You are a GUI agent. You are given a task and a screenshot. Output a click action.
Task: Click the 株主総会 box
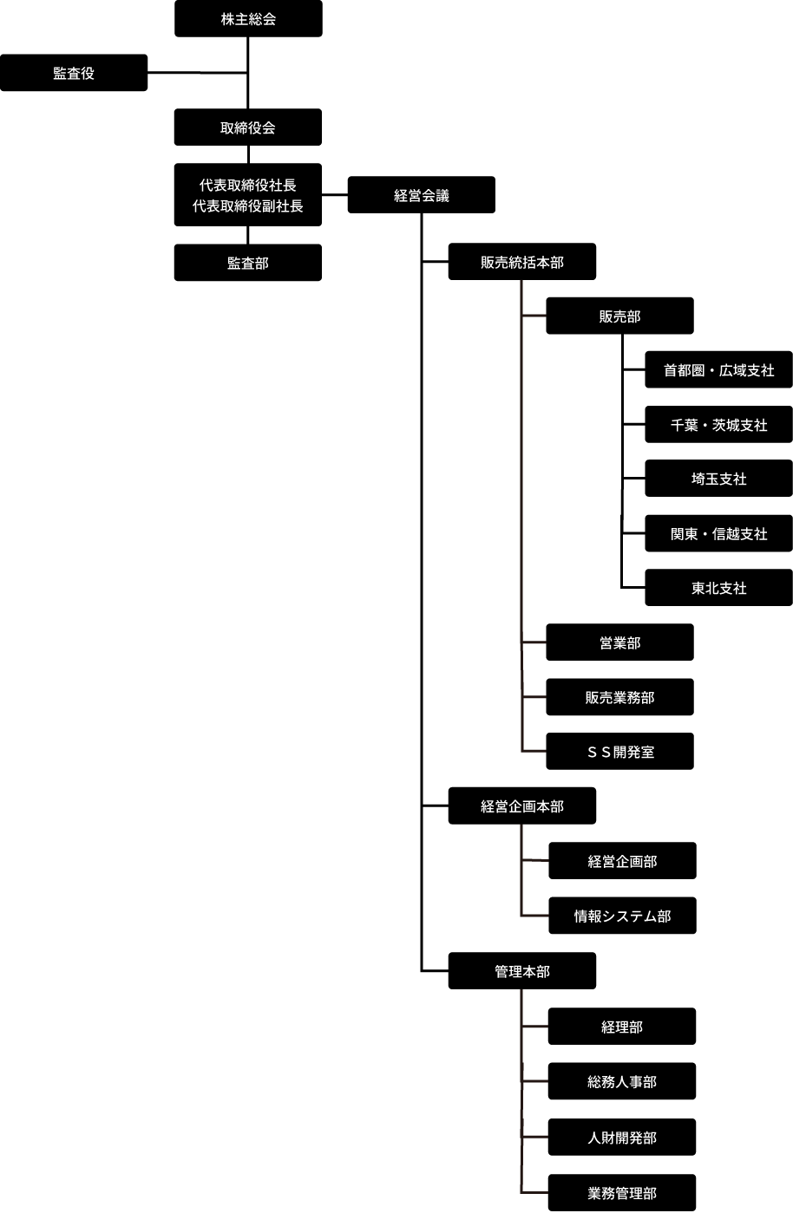coord(248,19)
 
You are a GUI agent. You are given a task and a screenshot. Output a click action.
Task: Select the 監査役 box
coord(74,73)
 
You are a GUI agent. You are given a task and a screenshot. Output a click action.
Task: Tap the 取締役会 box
coord(248,127)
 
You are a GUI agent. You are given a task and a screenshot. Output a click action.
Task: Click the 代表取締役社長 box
coord(248,195)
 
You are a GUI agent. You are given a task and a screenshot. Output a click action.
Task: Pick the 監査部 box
coord(248,263)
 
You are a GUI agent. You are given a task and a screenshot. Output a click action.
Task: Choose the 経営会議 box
coord(422,195)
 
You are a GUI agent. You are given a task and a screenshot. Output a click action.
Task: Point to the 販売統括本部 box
coord(521,262)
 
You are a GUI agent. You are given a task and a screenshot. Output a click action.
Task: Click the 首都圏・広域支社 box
coord(718,370)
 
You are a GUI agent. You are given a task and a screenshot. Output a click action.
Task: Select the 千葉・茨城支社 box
coord(718,425)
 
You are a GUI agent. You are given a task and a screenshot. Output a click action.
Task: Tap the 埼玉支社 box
coord(718,479)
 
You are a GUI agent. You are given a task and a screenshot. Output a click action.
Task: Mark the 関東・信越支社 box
coord(718,533)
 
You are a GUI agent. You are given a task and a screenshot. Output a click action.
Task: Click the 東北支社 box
coord(718,588)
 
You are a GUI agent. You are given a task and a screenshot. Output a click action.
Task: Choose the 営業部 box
coord(619,642)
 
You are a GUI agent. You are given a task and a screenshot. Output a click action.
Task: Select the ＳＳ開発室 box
coord(619,752)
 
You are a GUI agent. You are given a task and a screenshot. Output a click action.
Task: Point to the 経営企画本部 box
coord(521,806)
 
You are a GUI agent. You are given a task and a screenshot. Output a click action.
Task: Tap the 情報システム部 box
coord(622,916)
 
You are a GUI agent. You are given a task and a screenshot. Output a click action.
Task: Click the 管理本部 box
coord(521,971)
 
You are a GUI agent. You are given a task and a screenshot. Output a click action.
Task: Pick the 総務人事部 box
coord(622,1081)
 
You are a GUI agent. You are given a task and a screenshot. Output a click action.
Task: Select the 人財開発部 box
coord(622,1137)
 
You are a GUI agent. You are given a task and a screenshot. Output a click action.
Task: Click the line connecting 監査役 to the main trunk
coord(198,73)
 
